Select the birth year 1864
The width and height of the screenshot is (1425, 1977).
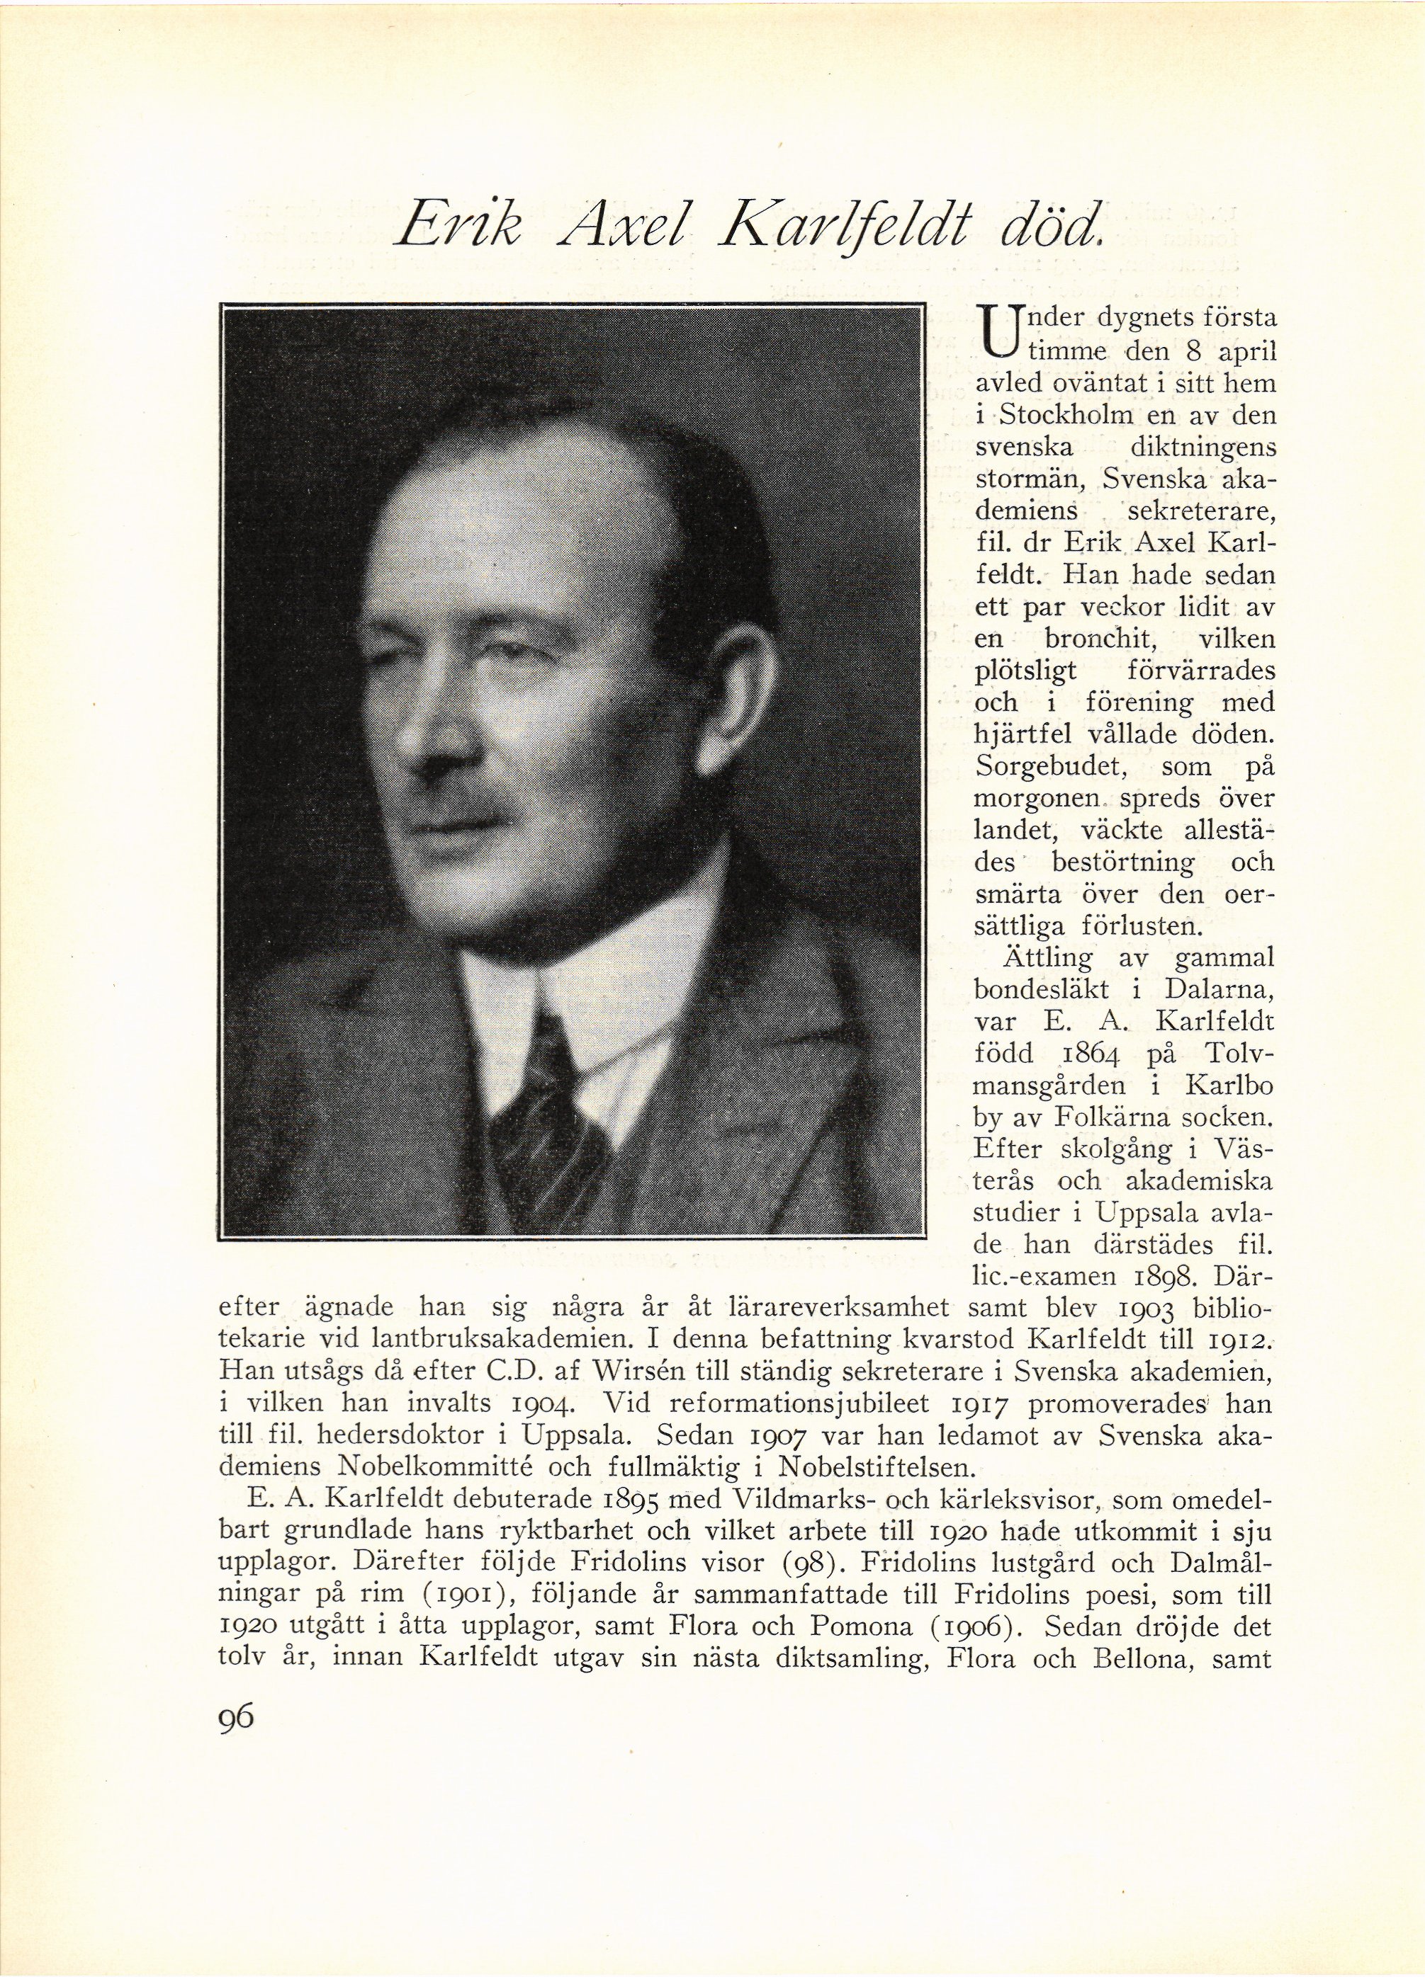pyautogui.click(x=1078, y=1054)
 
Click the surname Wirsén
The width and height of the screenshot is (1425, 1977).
pyautogui.click(x=641, y=1373)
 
